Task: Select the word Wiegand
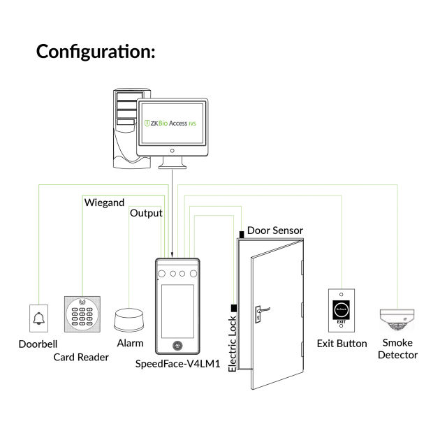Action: pos(105,203)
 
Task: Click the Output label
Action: pos(146,213)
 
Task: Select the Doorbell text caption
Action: pos(38,344)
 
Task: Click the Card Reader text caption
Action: pos(81,357)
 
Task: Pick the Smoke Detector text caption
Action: pos(397,349)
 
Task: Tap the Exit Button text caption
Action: pos(342,343)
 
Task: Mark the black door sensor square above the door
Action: pos(241,233)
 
